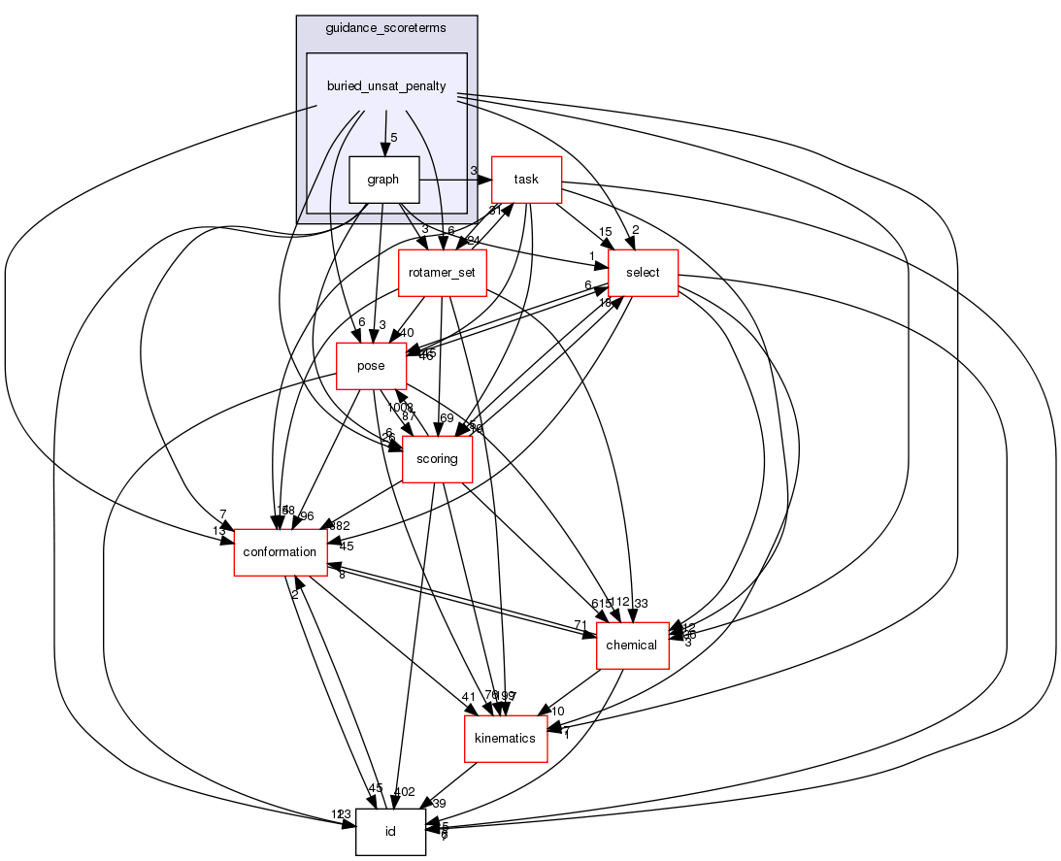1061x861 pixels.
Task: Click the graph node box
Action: [x=383, y=180]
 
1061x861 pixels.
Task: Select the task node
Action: [x=526, y=180]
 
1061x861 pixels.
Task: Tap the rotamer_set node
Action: [x=442, y=273]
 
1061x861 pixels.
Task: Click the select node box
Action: [x=642, y=273]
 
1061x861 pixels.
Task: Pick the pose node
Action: [x=370, y=366]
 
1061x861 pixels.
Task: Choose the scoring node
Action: [x=437, y=459]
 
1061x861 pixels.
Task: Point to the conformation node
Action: [x=280, y=552]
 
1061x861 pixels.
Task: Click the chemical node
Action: [x=632, y=646]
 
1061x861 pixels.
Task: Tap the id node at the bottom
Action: [x=390, y=832]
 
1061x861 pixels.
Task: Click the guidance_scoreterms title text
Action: [x=386, y=28]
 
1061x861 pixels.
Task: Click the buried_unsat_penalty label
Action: [x=386, y=86]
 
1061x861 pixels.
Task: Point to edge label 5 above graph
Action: [x=394, y=137]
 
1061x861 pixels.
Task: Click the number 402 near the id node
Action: [x=404, y=791]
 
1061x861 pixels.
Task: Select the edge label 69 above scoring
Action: [x=447, y=417]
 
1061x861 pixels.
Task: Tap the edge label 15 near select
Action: [x=604, y=231]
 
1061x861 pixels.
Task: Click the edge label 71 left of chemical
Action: [x=579, y=624]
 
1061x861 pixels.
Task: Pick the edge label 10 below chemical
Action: [x=558, y=712]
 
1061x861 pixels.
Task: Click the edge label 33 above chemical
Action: [x=641, y=603]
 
